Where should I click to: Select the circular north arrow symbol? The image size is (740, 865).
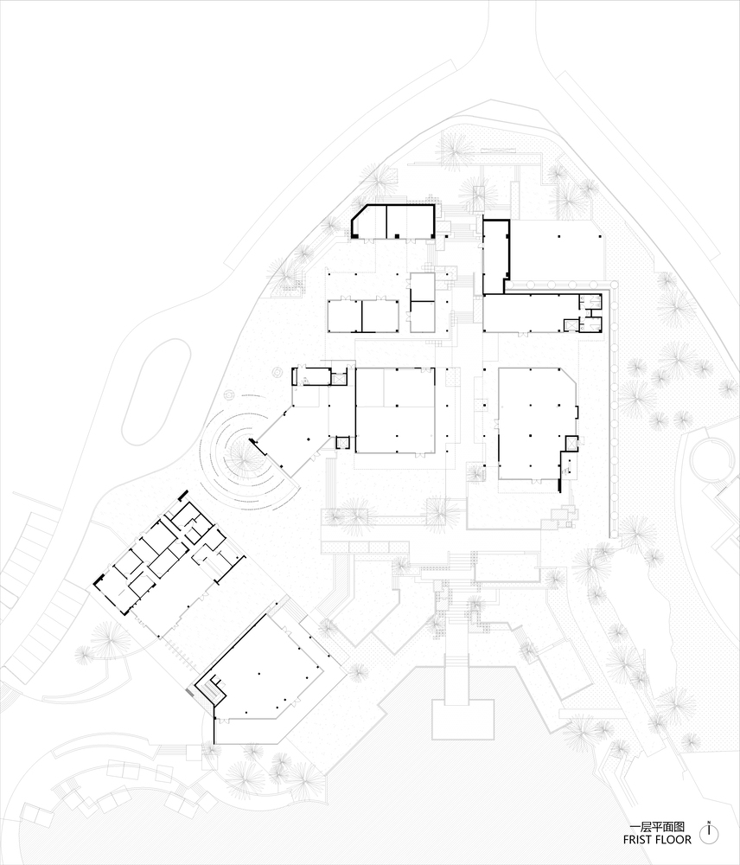coord(709,833)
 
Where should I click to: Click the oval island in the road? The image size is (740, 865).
coord(156,392)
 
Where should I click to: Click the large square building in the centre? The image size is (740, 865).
coord(395,410)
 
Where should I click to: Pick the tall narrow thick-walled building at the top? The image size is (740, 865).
coord(495,256)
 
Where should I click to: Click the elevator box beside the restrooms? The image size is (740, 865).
coord(571,325)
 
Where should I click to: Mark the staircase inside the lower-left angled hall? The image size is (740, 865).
coord(210,689)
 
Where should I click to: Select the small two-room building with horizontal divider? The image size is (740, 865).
coord(422,302)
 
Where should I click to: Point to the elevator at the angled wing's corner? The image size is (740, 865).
coord(343,444)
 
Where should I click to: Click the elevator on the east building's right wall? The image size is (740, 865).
coord(571,444)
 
